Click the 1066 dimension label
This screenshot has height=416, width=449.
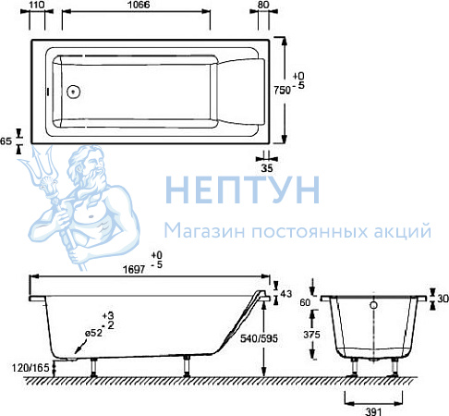click(x=139, y=5)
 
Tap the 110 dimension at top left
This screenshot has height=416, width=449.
click(x=37, y=5)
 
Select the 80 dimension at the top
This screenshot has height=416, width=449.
click(x=263, y=5)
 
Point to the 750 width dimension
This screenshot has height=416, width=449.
click(x=282, y=90)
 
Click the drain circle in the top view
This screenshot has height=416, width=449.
click(x=74, y=92)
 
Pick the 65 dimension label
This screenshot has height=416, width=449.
click(x=6, y=141)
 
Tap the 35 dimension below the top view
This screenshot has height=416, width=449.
click(x=267, y=168)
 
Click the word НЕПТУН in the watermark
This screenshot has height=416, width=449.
click(x=243, y=190)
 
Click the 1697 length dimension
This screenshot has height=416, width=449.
click(x=134, y=270)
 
